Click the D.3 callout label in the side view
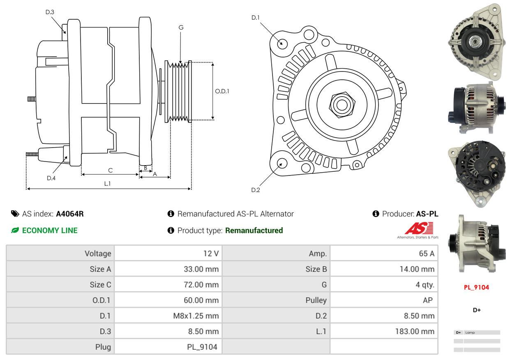50,12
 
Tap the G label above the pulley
181,28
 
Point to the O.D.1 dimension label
222,91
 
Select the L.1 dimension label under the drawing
107,184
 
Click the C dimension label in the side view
110,170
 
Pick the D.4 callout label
51,178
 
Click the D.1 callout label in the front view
256,17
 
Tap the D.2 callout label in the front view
256,190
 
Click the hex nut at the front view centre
341,104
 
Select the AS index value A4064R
70,214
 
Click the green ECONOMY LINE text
50,231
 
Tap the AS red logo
419,228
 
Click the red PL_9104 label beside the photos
476,287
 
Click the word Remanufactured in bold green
254,231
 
